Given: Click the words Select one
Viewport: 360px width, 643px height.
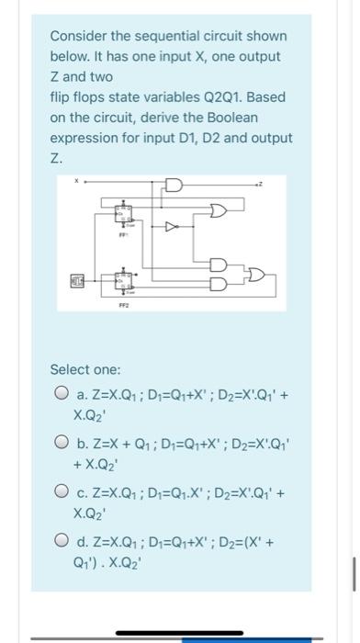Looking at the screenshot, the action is tap(85, 369).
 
